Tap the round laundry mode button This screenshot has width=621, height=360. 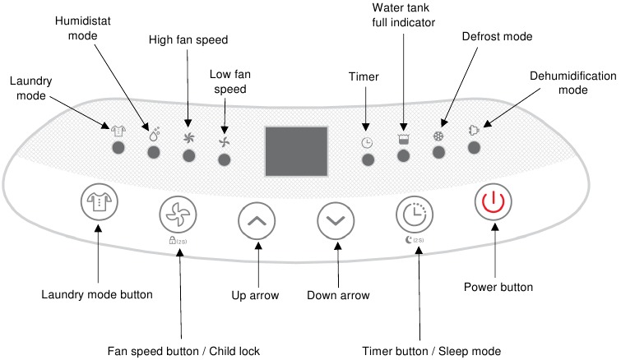point(99,203)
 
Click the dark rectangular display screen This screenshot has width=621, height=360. point(296,152)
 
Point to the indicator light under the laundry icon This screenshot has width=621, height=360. point(118,147)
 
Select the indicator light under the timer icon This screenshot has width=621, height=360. point(368,159)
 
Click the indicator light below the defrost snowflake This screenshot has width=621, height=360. point(438,152)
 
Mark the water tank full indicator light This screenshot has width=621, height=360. point(403,155)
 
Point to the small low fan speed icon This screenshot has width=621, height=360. point(224,141)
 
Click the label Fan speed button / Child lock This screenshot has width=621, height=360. point(184,351)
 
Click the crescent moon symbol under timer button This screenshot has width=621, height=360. point(410,241)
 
